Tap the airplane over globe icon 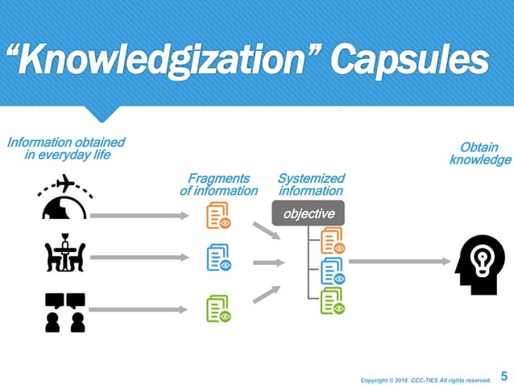[64, 198]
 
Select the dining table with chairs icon [65, 255]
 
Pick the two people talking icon [65, 312]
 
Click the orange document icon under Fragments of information [218, 216]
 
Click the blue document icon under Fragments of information [218, 258]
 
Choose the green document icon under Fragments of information [218, 308]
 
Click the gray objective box [309, 213]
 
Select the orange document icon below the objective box [332, 240]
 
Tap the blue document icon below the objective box [332, 271]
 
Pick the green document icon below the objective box [332, 301]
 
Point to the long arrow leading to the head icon [400, 261]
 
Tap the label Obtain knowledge [480, 154]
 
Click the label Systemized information [311, 184]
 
